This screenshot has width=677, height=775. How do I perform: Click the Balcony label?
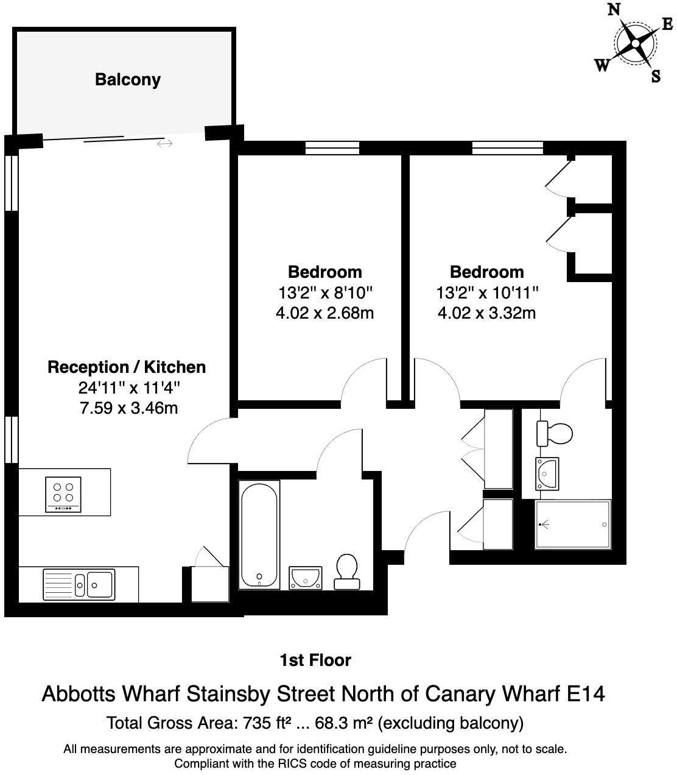point(128,80)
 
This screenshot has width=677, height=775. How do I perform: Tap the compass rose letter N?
point(615,10)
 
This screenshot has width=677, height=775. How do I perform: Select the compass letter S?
point(656,76)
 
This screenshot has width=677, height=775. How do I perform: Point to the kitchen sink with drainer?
point(79,584)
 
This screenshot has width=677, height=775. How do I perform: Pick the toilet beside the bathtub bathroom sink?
point(347,572)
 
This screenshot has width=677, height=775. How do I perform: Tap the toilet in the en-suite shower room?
point(555,434)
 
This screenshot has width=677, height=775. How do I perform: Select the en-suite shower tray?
point(572,524)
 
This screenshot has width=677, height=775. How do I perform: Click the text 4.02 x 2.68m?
point(324,313)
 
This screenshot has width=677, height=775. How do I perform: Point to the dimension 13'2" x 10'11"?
point(487,292)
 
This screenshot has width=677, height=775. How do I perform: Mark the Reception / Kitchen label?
point(127,367)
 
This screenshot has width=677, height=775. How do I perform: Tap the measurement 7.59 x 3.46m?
point(128,408)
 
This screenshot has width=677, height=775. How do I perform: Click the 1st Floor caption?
point(315,660)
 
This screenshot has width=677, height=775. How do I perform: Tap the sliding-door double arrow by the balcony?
point(164,144)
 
